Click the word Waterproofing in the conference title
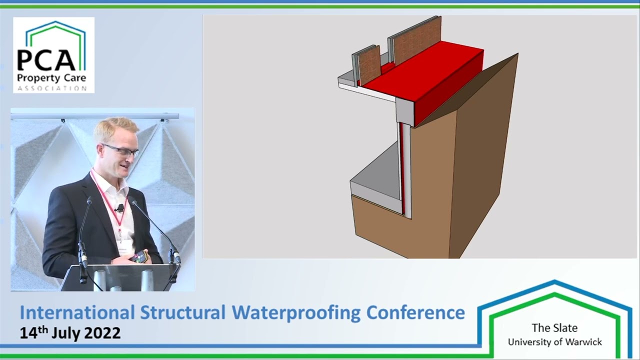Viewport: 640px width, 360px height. pos(296,312)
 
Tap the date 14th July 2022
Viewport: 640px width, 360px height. pos(70,332)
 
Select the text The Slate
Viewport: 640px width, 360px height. pos(554,328)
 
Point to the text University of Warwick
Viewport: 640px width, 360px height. pos(554,342)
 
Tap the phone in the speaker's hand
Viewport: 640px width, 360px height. pos(138,257)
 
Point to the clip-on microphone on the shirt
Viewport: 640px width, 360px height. pos(119,207)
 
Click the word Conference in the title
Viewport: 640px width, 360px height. pos(415,312)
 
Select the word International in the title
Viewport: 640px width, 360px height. pos(77,312)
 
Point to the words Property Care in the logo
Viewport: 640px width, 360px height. pos(51,78)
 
